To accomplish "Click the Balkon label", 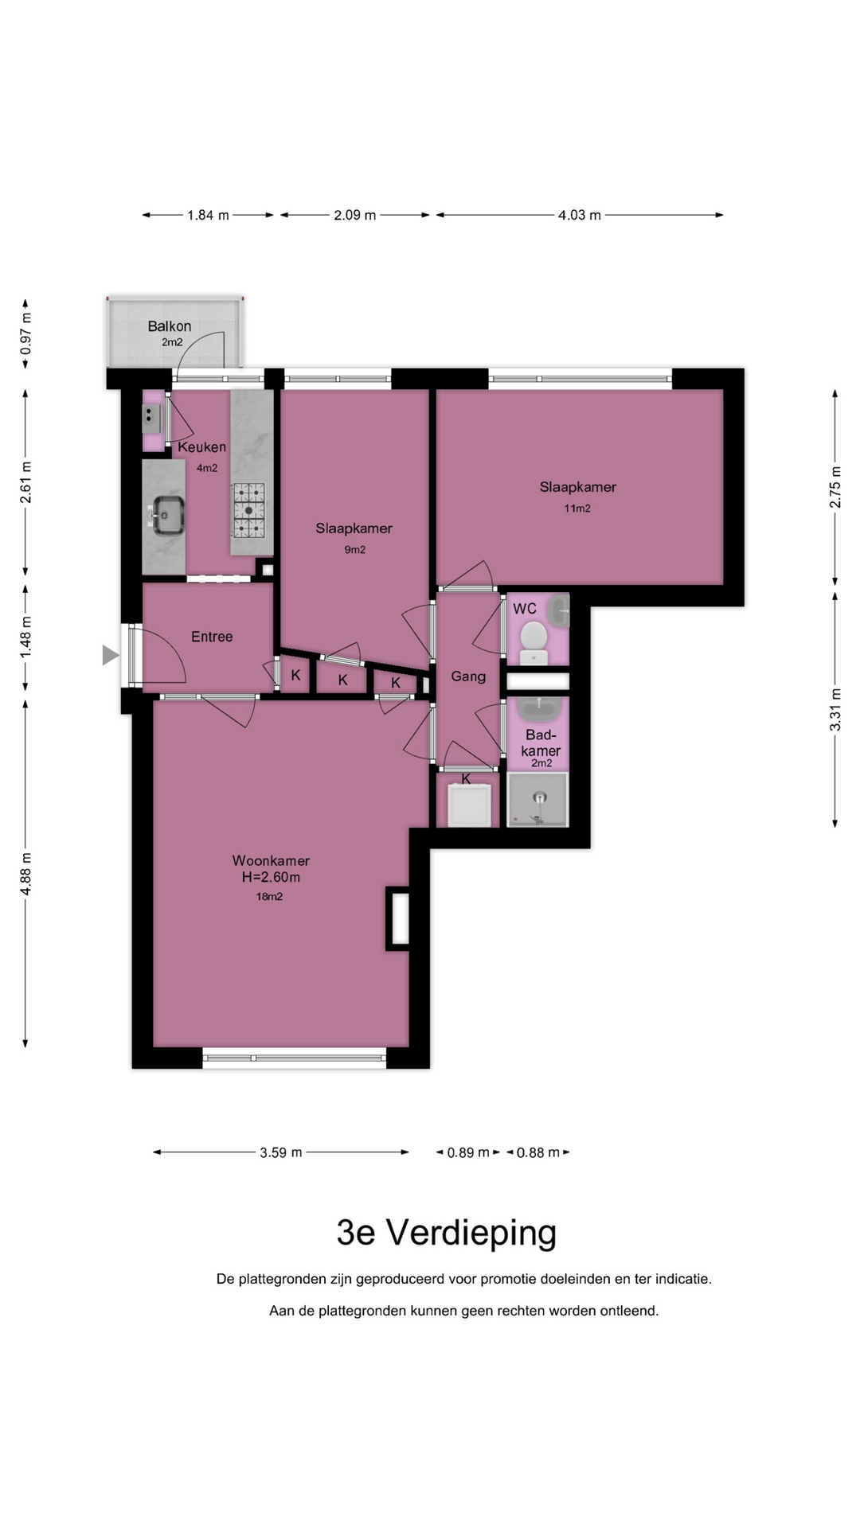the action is click(x=169, y=326).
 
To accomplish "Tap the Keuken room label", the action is click(x=201, y=447).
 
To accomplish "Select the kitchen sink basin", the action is click(x=168, y=515).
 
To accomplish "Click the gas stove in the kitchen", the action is click(x=248, y=510).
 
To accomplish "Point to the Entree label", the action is click(x=212, y=637).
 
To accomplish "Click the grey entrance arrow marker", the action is click(x=111, y=655).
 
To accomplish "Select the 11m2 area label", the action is click(x=577, y=509).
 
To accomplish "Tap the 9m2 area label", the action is click(x=354, y=550).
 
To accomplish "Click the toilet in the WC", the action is click(x=534, y=642).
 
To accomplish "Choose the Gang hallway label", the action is click(x=468, y=676).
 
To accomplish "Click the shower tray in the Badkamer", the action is click(x=538, y=799).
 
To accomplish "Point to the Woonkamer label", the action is click(x=271, y=860).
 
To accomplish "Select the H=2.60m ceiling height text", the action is click(x=271, y=878).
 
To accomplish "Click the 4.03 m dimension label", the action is click(x=579, y=215).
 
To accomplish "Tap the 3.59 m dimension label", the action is click(x=280, y=1152).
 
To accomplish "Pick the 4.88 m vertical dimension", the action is click(x=25, y=873).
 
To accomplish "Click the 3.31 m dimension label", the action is click(x=835, y=709).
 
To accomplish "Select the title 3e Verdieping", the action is click(x=446, y=1233).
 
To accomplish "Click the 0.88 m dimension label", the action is click(x=538, y=1152).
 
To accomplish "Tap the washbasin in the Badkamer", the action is click(x=540, y=708).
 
